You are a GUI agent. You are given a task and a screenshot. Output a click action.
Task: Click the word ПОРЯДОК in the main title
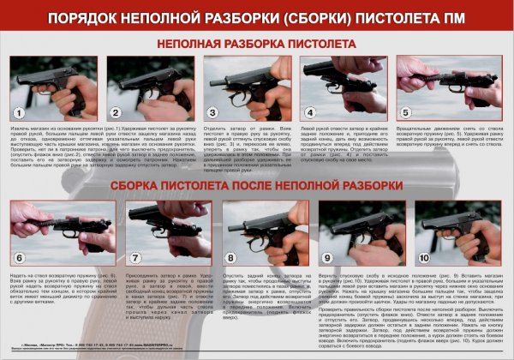click(x=105, y=16)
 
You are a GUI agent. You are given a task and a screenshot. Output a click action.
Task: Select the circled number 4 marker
click(x=309, y=112)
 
